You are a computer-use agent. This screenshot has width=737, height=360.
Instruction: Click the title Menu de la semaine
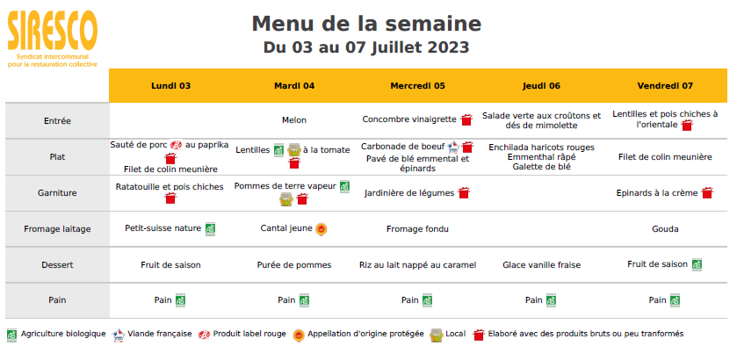pos(366,23)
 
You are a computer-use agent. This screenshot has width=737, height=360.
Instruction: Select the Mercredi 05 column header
pos(417,86)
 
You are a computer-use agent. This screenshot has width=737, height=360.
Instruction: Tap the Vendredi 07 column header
pos(665,86)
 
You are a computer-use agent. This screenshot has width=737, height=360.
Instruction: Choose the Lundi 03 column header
pos(170,86)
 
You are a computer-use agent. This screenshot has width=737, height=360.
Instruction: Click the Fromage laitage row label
pos(57,229)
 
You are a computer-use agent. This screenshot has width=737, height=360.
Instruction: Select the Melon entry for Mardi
pos(294,120)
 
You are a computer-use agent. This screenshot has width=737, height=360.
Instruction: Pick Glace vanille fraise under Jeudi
pos(541,264)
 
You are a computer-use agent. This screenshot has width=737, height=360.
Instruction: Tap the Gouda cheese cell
pos(665,229)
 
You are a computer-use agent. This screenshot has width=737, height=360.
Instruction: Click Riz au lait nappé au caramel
pos(417,264)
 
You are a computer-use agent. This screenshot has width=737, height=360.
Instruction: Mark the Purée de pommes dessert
pos(294,264)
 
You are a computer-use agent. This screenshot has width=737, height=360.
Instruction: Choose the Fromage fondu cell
pos(417,229)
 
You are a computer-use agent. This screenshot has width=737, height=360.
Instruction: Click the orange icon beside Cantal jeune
pos(322,229)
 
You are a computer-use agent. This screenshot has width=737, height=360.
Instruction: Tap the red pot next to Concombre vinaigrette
pos(467,119)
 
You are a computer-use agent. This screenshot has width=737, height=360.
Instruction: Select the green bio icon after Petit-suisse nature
pos(211,228)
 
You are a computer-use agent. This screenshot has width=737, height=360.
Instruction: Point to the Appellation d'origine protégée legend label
pos(366,334)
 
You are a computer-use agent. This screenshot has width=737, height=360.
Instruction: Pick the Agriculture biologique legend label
pos(63,334)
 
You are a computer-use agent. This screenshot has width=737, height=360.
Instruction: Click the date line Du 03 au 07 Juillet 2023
pos(366,47)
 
